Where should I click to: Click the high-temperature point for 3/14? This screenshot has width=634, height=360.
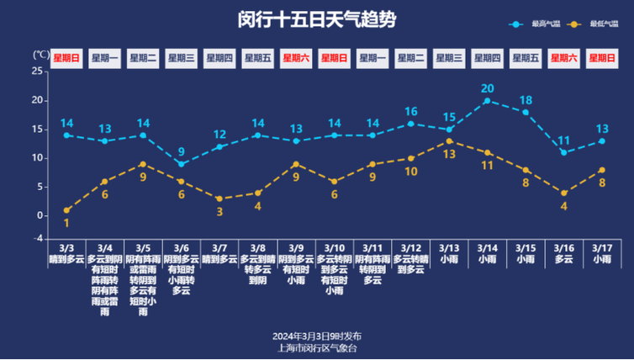(487, 100)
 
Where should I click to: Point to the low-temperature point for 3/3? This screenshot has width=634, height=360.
(66, 210)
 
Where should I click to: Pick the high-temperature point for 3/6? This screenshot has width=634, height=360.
(181, 163)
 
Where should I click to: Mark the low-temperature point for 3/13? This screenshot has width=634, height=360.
(449, 140)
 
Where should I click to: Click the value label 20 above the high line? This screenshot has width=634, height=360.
(487, 88)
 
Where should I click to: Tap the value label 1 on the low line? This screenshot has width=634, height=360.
(66, 223)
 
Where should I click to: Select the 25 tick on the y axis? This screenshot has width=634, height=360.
(37, 71)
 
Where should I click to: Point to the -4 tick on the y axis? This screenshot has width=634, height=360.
(37, 239)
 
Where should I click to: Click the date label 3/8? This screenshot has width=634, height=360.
(257, 248)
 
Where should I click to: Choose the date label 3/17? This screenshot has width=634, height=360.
(601, 248)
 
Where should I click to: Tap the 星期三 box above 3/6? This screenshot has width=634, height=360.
(181, 58)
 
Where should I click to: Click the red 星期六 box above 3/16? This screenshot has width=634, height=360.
(563, 58)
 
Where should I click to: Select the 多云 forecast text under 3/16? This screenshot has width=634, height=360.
(563, 259)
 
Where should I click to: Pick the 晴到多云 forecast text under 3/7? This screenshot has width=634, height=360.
(219, 259)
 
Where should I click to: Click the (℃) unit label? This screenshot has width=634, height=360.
(40, 56)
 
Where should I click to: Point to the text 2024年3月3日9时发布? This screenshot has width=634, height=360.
(317, 336)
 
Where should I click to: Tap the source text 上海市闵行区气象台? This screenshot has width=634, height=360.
(317, 347)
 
